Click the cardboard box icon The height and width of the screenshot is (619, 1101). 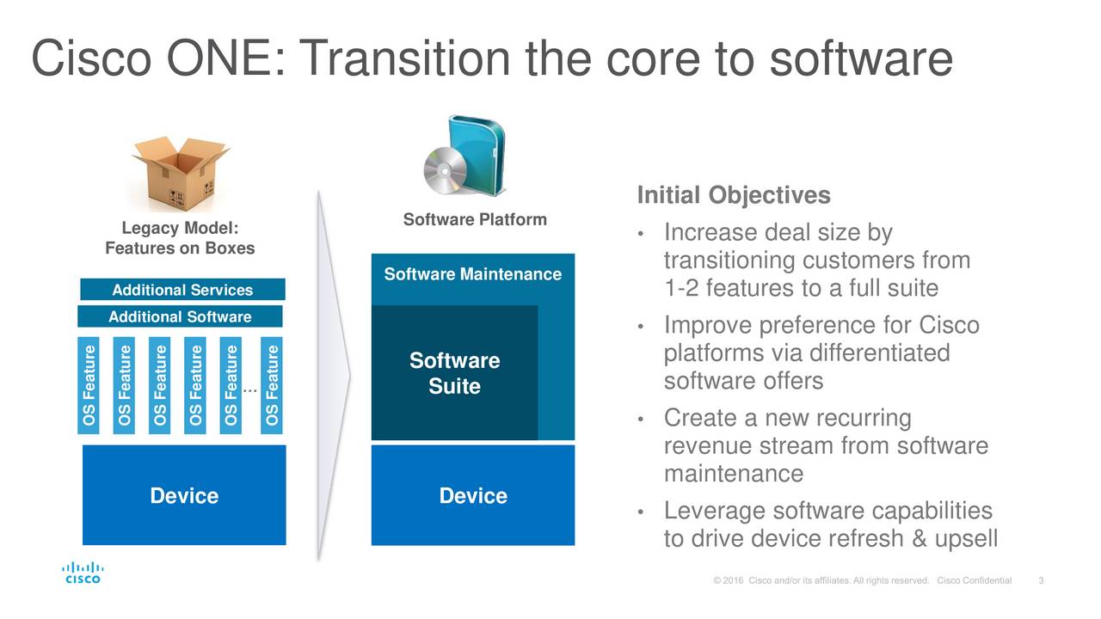(181, 170)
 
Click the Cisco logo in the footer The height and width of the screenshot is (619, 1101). (83, 573)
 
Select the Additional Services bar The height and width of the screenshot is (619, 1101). (182, 290)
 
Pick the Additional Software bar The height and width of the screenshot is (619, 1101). (180, 317)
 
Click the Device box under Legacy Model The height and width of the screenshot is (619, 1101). (184, 495)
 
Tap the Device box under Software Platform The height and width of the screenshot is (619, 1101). (472, 495)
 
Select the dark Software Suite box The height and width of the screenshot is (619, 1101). (454, 373)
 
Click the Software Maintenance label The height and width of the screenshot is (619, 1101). (472, 274)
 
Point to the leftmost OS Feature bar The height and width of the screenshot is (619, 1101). (89, 386)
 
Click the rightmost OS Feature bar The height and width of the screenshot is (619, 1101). (273, 386)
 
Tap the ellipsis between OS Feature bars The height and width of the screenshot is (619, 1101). (250, 391)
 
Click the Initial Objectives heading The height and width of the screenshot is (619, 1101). (733, 196)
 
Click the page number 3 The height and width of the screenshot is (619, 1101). (1042, 580)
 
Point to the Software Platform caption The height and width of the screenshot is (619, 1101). (475, 219)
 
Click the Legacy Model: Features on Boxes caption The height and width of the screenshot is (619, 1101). (180, 238)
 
